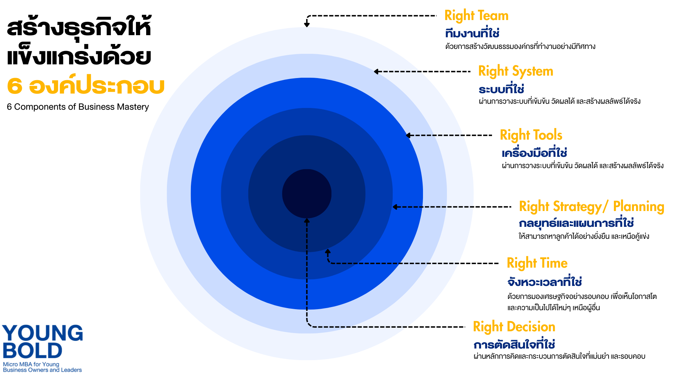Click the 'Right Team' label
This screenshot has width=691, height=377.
(x=476, y=16)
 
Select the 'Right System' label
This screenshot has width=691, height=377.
(x=516, y=71)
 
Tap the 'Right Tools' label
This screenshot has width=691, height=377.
(x=531, y=135)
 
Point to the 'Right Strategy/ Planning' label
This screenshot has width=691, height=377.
(x=591, y=206)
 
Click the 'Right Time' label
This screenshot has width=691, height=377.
(x=537, y=263)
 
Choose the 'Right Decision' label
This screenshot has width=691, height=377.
(x=514, y=327)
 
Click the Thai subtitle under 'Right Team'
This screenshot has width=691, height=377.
(x=472, y=33)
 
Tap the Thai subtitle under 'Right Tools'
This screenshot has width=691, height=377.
(x=534, y=153)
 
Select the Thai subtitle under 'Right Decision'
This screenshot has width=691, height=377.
(x=514, y=345)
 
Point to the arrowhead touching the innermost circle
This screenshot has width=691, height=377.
(x=307, y=221)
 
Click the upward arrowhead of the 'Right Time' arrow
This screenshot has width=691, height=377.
(x=328, y=251)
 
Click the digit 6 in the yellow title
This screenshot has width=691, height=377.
(x=15, y=86)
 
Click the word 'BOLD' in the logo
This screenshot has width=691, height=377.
(x=32, y=351)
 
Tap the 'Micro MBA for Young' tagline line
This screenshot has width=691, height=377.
(x=31, y=364)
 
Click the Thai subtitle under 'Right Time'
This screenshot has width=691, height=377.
(x=544, y=282)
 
